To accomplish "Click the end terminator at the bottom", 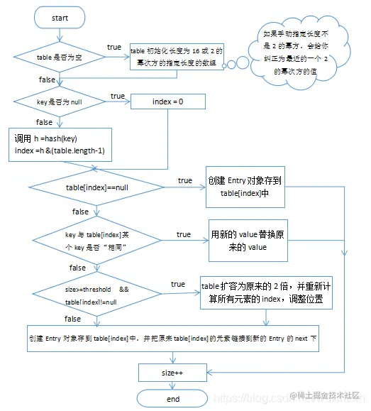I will [x=173, y=399].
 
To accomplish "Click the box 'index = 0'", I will [x=167, y=102].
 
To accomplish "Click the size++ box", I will [x=173, y=371].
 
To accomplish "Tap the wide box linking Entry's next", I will [x=173, y=339].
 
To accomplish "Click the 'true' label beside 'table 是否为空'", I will [x=113, y=47].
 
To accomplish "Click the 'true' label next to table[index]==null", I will [x=184, y=181].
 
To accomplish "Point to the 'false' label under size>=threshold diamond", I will [x=72, y=319].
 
